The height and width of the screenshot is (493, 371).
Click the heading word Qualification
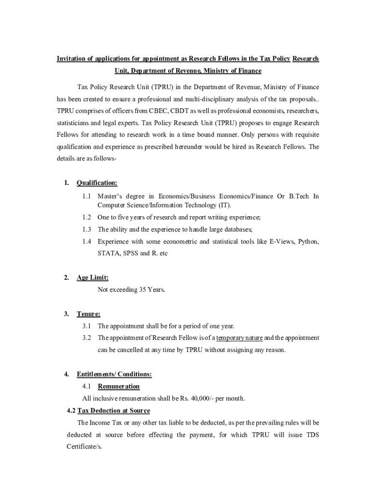(x=97, y=183)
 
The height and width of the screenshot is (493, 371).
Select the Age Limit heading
(x=93, y=278)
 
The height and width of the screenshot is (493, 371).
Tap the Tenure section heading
(x=89, y=314)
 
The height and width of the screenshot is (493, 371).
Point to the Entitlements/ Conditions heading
(x=114, y=374)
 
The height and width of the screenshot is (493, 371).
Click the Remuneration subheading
(x=119, y=386)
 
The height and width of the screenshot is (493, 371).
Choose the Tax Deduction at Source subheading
(x=113, y=411)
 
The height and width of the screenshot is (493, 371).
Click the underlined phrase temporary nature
(x=239, y=338)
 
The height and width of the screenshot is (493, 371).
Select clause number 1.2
(x=87, y=217)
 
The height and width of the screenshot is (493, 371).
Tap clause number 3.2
(x=87, y=338)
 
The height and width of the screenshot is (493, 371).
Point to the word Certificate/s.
(x=84, y=447)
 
